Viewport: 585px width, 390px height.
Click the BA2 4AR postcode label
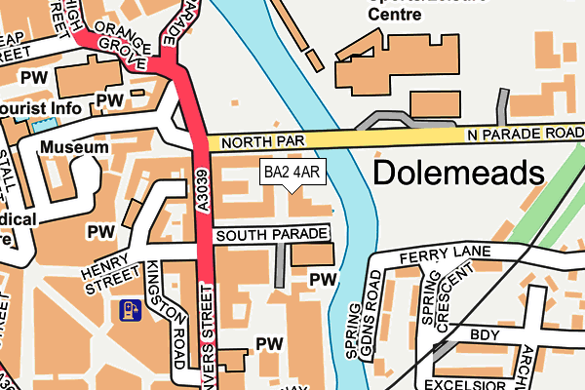tap(292, 174)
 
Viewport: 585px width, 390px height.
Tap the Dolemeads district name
tap(457, 174)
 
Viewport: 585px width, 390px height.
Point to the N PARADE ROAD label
tap(524, 133)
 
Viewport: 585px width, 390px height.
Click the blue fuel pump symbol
tap(129, 311)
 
